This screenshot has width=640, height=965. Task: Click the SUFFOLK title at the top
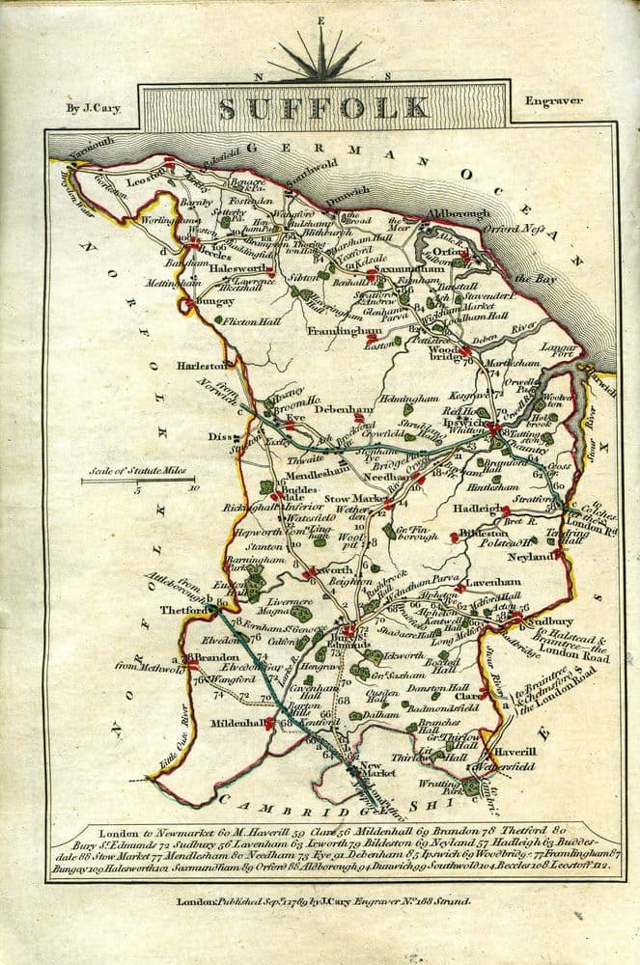(x=323, y=108)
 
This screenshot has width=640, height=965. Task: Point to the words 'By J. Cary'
(x=94, y=108)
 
